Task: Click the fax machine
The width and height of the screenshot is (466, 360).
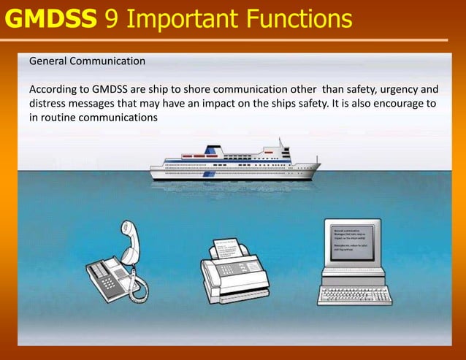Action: click(x=234, y=270)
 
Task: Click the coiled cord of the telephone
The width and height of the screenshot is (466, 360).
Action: click(x=136, y=274)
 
